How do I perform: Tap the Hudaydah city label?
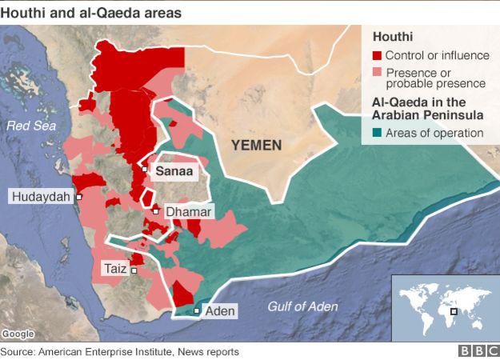click(39, 196)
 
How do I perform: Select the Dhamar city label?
click(188, 212)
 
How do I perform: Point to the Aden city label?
click(220, 310)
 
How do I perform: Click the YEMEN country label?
click(256, 145)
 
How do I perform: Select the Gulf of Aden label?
click(302, 306)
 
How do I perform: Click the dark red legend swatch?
click(377, 56)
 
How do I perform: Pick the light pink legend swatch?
click(377, 73)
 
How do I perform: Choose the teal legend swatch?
click(377, 133)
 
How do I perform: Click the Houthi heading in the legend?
click(390, 37)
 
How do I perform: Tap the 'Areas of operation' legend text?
click(434, 133)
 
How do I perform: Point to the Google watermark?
click(18, 334)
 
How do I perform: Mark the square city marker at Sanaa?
click(144, 170)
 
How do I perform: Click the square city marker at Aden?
click(198, 310)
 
